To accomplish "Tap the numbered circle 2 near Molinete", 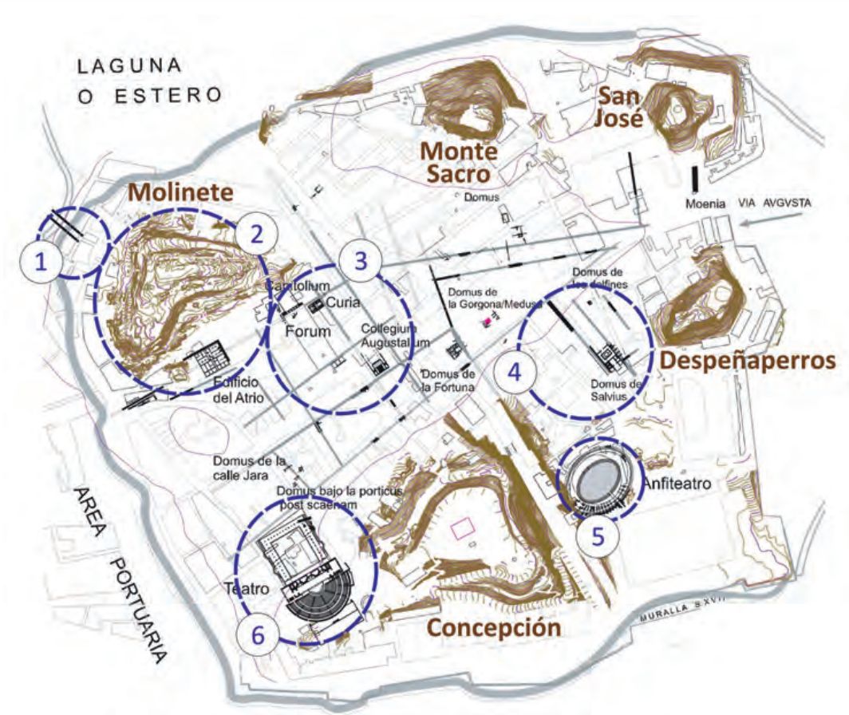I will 256,234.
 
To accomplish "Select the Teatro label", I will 246,589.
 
